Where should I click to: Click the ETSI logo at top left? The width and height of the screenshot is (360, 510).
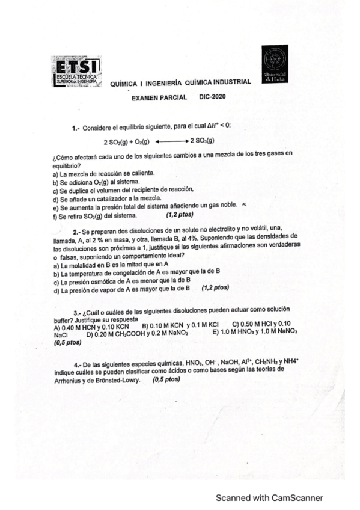pyautogui.click(x=77, y=73)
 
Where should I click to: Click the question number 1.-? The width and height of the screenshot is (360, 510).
pyautogui.click(x=75, y=128)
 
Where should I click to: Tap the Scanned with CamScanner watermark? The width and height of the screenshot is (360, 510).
pyautogui.click(x=270, y=497)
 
